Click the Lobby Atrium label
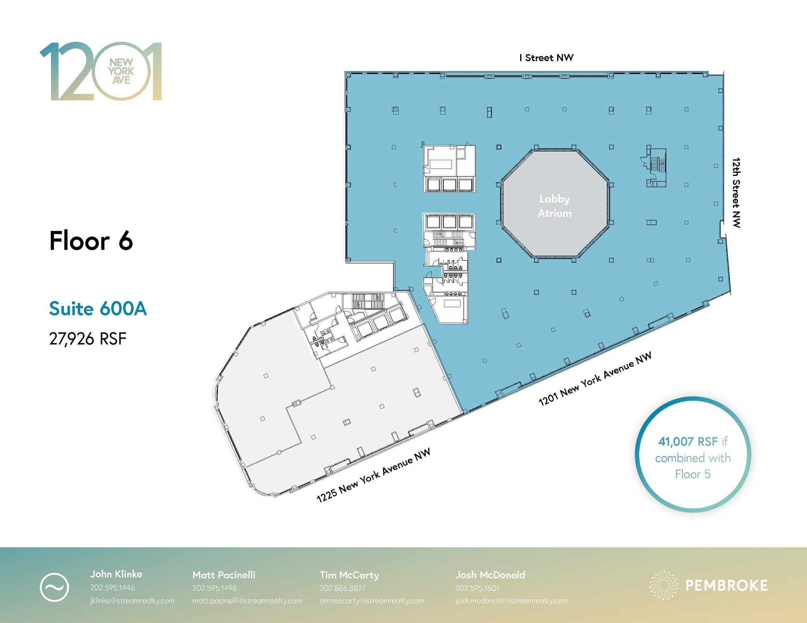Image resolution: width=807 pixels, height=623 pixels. tap(554, 206)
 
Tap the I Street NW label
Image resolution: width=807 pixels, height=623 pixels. tap(546, 58)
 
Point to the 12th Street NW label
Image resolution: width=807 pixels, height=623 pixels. tap(736, 192)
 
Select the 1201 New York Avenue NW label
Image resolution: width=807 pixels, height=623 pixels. tap(595, 379)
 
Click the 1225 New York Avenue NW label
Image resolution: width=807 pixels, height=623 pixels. tap(373, 475)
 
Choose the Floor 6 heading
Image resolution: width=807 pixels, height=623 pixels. tap(91, 240)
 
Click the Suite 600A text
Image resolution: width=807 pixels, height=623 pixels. tap(98, 309)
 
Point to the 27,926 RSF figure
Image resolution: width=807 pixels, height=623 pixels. tap(87, 338)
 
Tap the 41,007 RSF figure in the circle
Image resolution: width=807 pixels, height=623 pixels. tap(688, 442)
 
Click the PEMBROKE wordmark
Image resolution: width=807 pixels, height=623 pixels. tap(726, 586)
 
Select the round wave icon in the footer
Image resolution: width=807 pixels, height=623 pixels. tap(54, 588)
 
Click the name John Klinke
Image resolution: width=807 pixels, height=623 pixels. tap(116, 574)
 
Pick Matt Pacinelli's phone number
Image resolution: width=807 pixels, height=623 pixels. tap(214, 588)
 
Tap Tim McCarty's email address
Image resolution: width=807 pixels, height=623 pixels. tap(372, 601)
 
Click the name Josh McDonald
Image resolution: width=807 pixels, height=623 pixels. tap(490, 575)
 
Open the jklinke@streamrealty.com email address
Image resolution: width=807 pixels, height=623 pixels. tap(132, 601)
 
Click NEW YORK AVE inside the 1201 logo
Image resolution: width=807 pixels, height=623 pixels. tap(121, 72)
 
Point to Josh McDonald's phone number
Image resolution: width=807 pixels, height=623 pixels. tap(477, 588)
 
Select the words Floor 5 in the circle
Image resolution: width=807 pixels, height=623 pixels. tap(693, 474)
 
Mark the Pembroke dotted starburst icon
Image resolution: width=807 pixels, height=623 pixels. tap(664, 585)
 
